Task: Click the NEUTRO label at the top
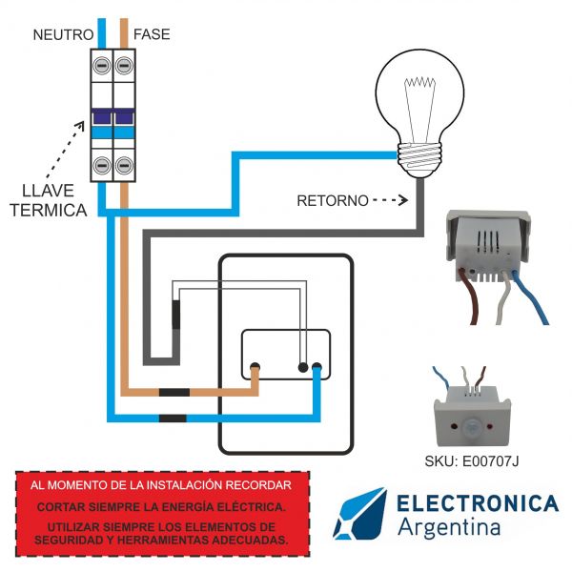(63, 34)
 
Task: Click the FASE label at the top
(153, 34)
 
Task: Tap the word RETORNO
(332, 201)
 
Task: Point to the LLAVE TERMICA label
(48, 199)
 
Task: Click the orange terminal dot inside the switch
(255, 367)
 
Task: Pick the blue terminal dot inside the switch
(317, 367)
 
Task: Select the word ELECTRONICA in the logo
(477, 503)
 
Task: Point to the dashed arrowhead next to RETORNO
(403, 201)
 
